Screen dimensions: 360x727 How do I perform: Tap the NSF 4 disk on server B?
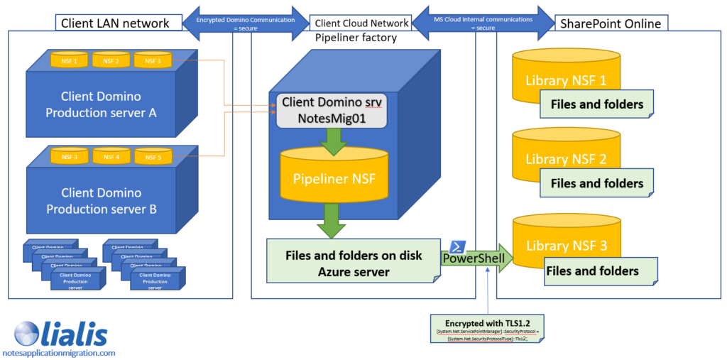click(x=111, y=157)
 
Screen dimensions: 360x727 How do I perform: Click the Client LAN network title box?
click(x=115, y=23)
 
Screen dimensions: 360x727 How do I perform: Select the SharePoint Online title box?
click(x=611, y=23)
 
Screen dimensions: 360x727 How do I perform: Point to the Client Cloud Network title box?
click(x=362, y=23)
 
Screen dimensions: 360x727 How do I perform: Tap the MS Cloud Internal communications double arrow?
click(x=484, y=23)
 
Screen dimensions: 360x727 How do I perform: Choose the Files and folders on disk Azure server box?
click(x=353, y=262)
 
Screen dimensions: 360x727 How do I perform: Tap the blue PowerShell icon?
click(x=457, y=246)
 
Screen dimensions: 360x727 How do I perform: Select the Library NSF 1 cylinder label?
click(x=566, y=80)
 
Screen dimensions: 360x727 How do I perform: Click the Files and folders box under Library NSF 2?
click(x=596, y=183)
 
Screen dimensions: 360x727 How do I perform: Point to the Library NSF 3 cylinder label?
click(x=566, y=246)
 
